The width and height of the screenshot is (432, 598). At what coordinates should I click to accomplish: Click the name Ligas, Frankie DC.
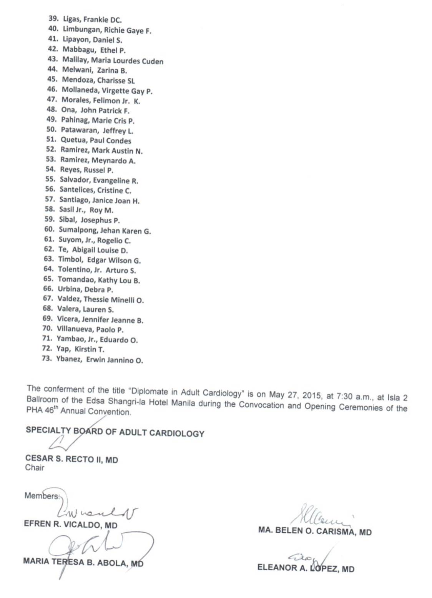[92, 19]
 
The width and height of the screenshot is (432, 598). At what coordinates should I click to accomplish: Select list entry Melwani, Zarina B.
[94, 70]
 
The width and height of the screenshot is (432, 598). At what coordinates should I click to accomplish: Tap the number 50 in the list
[51, 130]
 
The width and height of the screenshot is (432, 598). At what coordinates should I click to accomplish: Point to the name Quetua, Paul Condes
[96, 140]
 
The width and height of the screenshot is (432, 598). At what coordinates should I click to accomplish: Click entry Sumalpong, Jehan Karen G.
[105, 231]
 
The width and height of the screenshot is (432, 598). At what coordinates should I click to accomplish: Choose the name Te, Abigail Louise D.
[93, 250]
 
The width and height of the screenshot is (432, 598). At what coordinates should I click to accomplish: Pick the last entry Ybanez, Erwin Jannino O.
[99, 360]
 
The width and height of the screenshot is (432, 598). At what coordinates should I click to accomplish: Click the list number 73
[47, 359]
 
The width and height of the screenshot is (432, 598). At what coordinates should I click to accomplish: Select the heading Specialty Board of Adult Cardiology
[115, 432]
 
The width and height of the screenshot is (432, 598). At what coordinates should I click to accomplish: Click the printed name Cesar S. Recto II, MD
[71, 459]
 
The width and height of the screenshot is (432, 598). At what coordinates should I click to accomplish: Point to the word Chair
[35, 468]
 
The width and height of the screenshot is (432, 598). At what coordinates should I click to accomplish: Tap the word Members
[42, 496]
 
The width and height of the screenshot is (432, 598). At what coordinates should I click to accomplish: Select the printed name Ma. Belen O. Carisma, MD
[315, 532]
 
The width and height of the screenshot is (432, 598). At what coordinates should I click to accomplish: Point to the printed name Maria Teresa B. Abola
[83, 562]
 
